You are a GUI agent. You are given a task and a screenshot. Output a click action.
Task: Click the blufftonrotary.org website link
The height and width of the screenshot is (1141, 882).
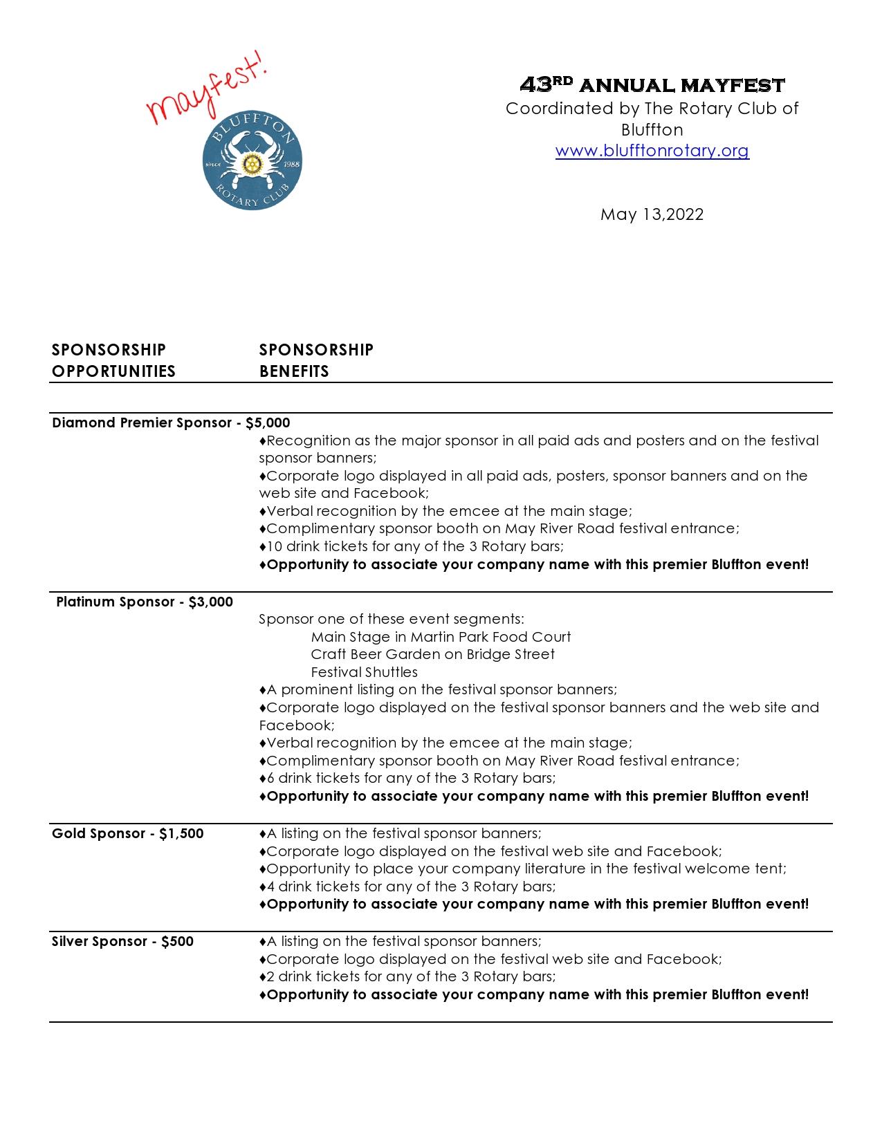tap(652, 151)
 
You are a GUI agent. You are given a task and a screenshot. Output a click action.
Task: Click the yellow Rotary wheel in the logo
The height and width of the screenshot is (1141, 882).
tap(252, 163)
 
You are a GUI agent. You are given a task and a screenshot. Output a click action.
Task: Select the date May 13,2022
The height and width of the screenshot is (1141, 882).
tap(652, 214)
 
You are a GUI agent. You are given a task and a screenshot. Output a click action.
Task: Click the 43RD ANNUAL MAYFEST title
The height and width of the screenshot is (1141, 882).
tap(652, 85)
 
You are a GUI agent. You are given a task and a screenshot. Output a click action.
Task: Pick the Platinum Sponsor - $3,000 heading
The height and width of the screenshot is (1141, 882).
tap(145, 602)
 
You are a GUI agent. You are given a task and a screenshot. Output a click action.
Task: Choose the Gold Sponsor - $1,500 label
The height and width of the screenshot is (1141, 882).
tap(128, 833)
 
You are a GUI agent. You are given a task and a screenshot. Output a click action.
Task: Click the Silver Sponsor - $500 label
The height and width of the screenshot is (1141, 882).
tap(122, 941)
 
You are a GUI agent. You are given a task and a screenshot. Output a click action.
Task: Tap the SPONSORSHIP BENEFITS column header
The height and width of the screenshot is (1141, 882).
tap(316, 360)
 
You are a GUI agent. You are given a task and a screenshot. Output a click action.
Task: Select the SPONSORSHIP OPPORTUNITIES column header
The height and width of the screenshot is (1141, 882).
tap(113, 360)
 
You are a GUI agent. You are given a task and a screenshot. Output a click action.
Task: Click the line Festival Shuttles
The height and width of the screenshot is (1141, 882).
tap(364, 672)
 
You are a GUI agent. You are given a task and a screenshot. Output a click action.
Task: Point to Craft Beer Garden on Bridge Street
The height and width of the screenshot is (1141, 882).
tap(432, 654)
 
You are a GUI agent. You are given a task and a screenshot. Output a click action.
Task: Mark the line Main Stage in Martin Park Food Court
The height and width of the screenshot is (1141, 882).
tap(441, 637)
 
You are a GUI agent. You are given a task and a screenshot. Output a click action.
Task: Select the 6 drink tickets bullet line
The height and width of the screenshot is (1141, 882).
tap(407, 778)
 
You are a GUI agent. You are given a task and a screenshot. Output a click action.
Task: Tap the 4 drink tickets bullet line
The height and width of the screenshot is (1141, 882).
tap(407, 887)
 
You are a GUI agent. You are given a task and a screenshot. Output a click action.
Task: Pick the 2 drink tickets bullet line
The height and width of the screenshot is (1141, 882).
tap(407, 976)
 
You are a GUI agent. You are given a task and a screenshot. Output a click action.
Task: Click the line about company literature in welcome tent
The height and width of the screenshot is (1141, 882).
tap(522, 869)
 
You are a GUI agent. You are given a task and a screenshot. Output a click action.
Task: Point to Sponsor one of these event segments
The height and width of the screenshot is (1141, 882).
tap(391, 619)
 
